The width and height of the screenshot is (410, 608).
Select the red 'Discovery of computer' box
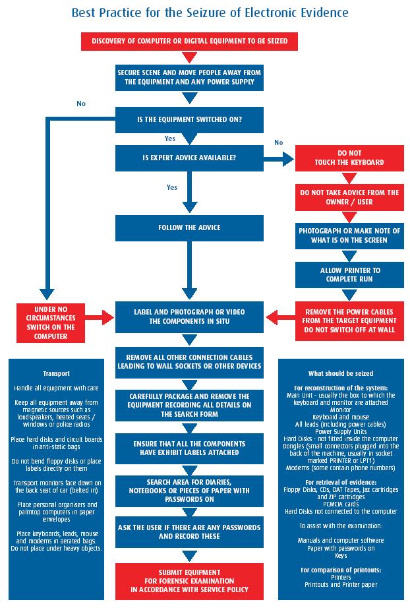click(x=189, y=42)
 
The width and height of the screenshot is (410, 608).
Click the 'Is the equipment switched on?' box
click(x=189, y=119)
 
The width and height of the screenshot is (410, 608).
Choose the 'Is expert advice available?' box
click(x=189, y=158)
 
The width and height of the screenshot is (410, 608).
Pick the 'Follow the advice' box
click(x=189, y=228)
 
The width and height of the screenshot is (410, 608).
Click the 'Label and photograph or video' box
click(x=189, y=317)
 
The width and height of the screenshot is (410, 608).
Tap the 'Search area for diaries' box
click(x=189, y=490)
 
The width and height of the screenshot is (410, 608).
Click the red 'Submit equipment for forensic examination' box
click(x=189, y=581)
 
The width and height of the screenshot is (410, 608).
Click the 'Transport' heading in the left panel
click(x=56, y=374)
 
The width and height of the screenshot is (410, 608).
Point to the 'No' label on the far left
click(x=81, y=104)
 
